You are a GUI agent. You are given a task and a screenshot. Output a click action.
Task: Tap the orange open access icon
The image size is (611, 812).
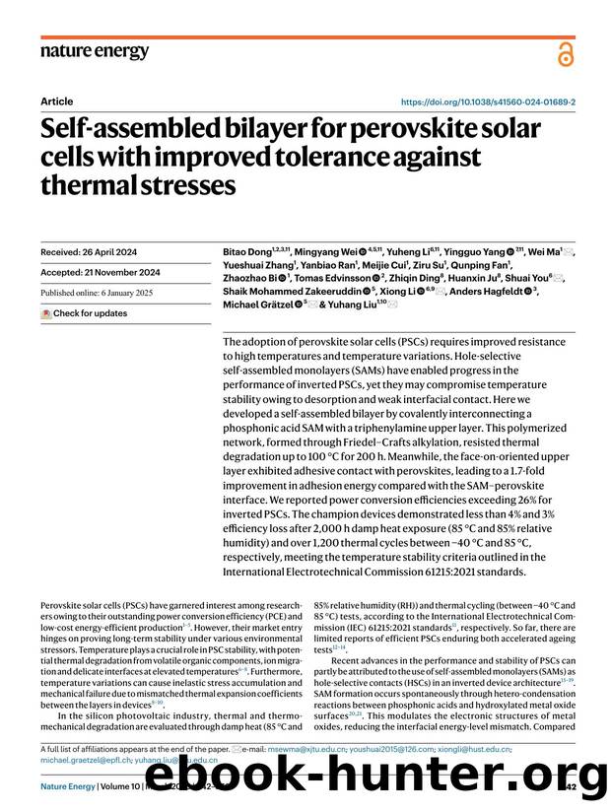coord(565,55)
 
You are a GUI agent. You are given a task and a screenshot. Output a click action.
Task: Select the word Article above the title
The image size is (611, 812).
coord(56,101)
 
